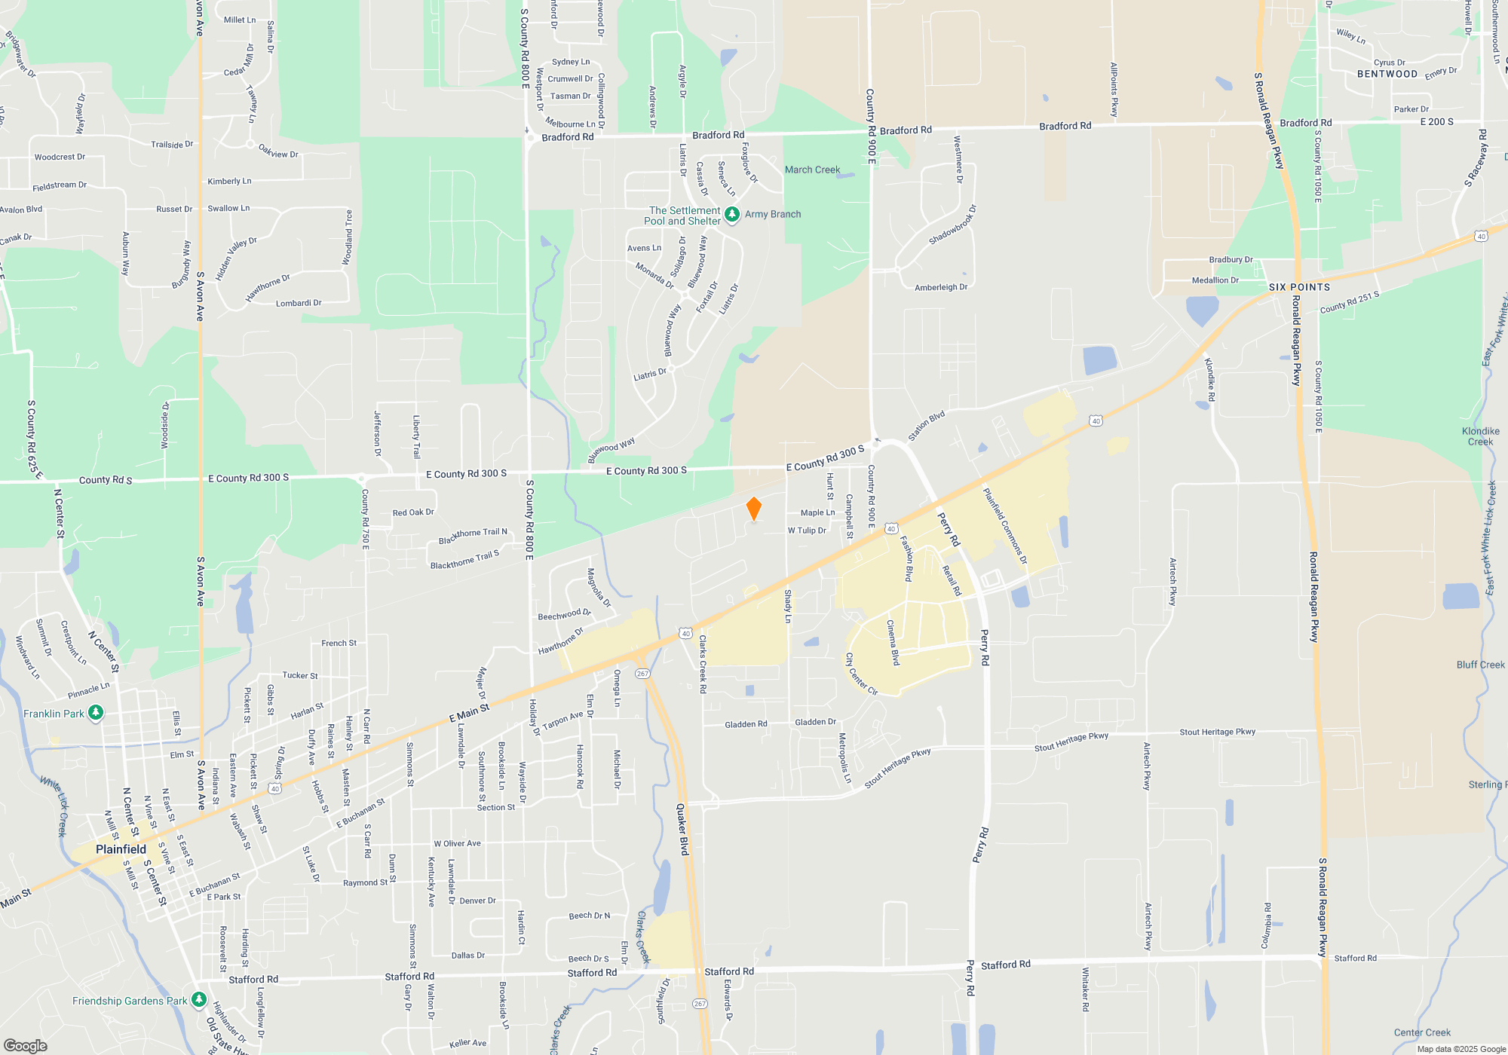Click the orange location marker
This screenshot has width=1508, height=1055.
(x=753, y=509)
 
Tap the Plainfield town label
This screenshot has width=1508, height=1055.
(x=121, y=849)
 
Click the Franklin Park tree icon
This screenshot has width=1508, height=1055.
(x=96, y=713)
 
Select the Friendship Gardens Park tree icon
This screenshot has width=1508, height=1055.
(x=199, y=1000)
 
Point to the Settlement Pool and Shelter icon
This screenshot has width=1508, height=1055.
(x=731, y=215)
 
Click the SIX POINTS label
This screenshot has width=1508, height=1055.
(x=1299, y=287)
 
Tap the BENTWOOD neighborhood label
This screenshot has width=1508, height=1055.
(x=1387, y=74)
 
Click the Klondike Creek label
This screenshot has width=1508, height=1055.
(x=1480, y=436)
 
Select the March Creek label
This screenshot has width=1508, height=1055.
(x=812, y=170)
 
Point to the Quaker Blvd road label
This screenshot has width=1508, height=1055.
(x=682, y=829)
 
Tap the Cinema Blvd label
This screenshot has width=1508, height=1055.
(x=893, y=642)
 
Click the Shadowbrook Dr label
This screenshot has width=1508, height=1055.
(x=952, y=225)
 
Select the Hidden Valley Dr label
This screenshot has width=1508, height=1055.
(x=236, y=258)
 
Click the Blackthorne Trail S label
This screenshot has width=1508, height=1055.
(x=464, y=560)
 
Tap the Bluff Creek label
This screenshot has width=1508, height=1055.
(x=1480, y=665)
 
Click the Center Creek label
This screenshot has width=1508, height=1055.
(x=1422, y=1032)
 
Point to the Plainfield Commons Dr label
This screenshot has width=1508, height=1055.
(x=1005, y=525)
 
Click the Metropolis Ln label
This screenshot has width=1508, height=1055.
(x=844, y=757)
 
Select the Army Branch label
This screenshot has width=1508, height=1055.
(x=773, y=214)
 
